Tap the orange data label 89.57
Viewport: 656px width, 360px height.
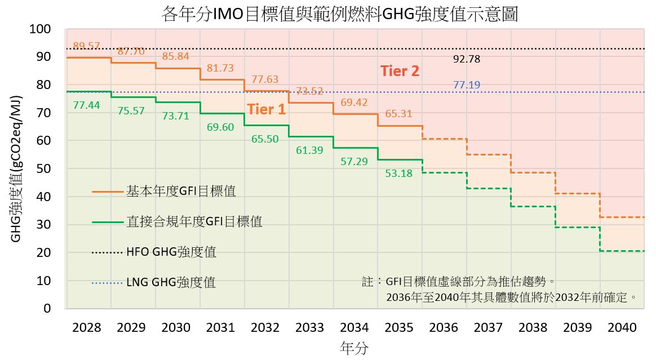coord(87,46)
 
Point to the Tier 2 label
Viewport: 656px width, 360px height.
coord(400,72)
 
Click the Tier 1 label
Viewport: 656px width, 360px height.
coord(266,109)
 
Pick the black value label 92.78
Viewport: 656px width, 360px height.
coord(467,59)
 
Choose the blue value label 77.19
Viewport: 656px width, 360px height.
coord(467,85)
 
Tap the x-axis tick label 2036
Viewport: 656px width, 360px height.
coord(444,328)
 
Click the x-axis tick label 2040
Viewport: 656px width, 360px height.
coord(622,328)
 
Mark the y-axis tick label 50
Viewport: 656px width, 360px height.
coord(44,168)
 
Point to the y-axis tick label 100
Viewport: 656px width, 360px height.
coord(40,29)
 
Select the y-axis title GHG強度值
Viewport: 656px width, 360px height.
coord(16,168)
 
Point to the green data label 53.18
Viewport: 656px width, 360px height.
coord(398,174)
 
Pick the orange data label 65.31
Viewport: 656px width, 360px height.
coord(398,114)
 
